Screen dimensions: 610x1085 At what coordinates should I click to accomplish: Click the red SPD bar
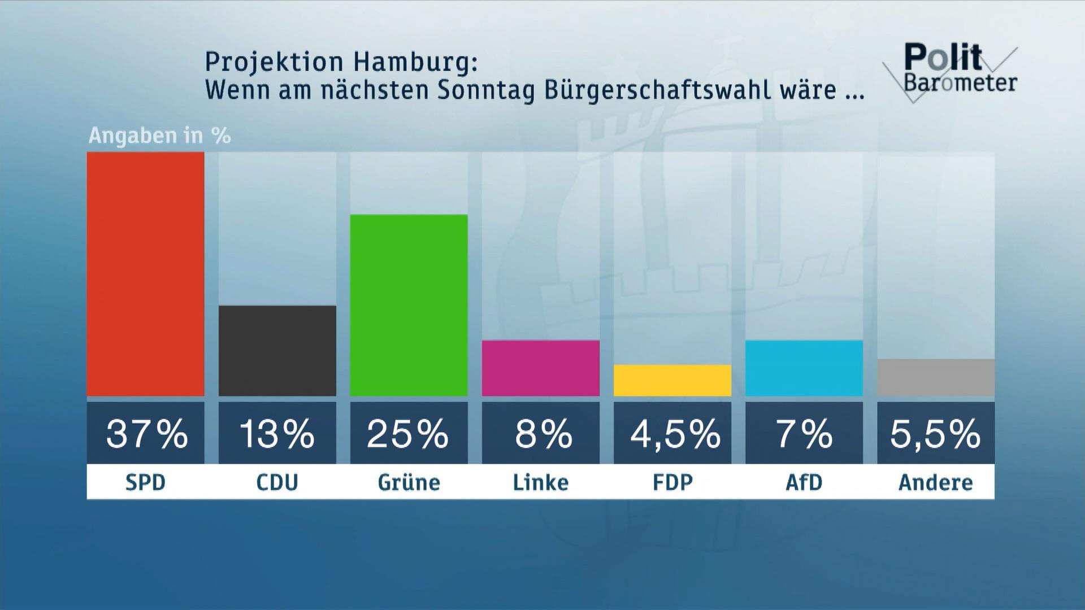point(145,274)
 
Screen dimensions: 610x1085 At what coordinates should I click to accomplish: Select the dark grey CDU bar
point(277,350)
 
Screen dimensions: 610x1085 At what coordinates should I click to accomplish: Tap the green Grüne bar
point(409,305)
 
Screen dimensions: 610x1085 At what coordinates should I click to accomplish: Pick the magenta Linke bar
point(540,368)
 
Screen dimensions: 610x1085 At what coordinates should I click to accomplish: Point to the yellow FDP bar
point(672,380)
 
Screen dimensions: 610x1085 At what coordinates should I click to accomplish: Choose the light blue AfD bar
point(804,368)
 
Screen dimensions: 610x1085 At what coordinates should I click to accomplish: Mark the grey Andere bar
point(935,377)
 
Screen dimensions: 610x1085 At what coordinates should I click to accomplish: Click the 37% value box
point(145,433)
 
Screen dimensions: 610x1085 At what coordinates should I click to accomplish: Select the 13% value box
point(277,433)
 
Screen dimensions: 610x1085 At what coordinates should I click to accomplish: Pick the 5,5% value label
point(935,433)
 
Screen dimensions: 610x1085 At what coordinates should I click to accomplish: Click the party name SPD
point(145,482)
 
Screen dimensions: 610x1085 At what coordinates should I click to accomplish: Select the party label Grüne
point(409,482)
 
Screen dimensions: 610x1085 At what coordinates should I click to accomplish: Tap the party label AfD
point(804,482)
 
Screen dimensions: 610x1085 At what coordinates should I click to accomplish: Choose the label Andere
point(935,482)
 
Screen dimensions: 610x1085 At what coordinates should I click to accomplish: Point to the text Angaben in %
point(160,136)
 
